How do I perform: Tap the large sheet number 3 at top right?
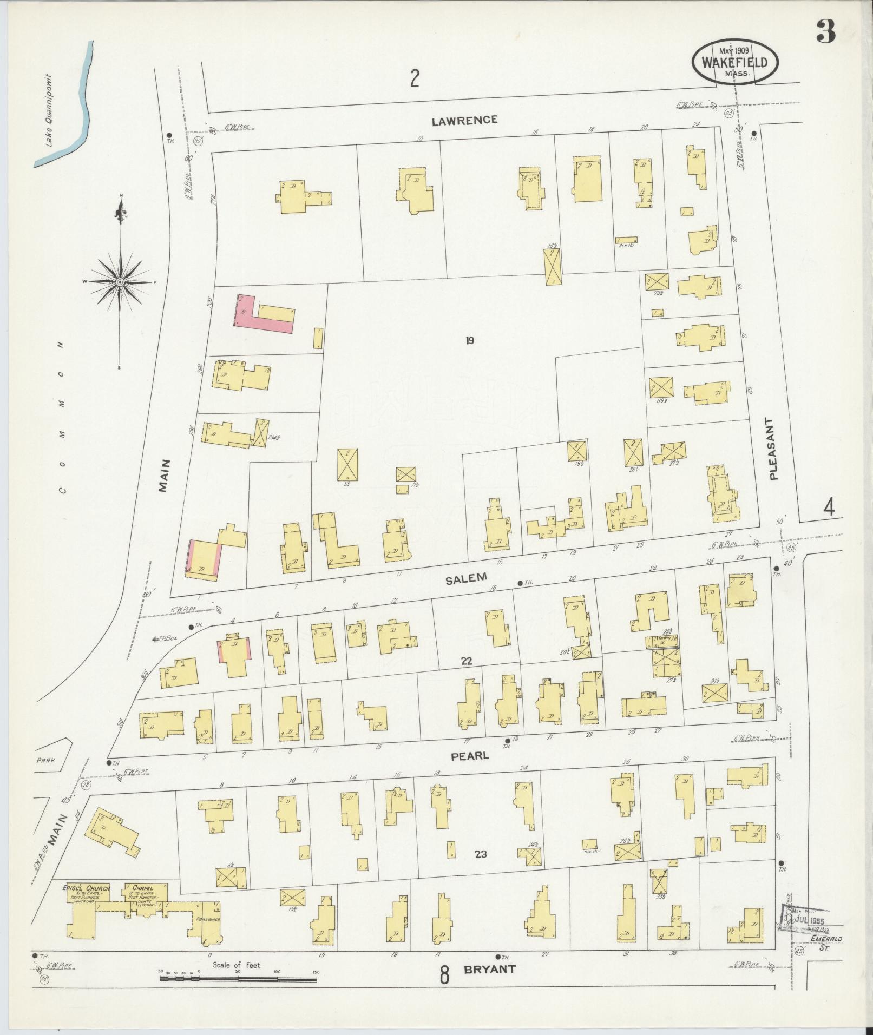point(826,34)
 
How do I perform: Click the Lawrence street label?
point(464,120)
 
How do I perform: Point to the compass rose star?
point(120,282)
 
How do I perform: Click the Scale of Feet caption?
point(238,965)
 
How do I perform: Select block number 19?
point(469,340)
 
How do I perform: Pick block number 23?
point(481,854)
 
